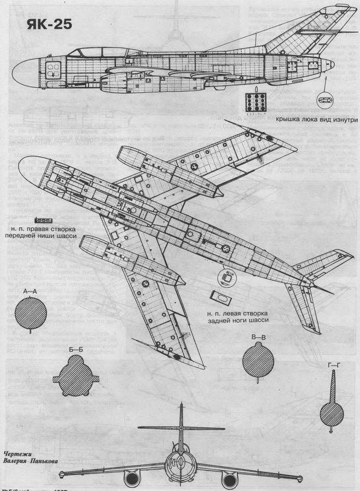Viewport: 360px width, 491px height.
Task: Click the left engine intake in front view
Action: point(131,480)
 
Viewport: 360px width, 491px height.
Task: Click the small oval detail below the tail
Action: point(326,100)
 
